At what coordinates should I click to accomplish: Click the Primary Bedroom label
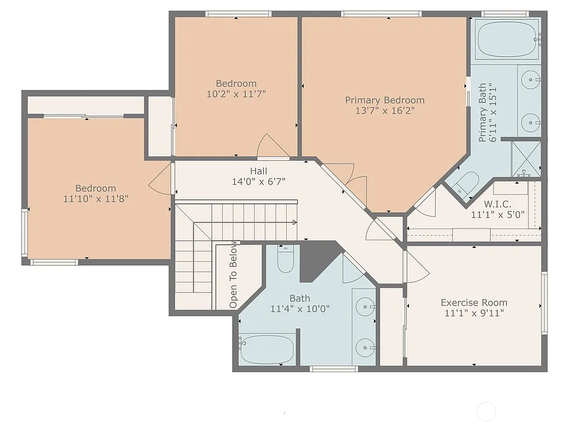coord(385,100)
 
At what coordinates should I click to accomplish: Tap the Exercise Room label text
coord(473,302)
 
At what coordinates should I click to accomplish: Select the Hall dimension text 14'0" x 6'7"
coord(258,181)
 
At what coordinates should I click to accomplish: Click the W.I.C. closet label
coord(497,204)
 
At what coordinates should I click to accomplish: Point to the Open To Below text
coord(233,275)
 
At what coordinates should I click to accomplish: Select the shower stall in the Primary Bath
coord(525,158)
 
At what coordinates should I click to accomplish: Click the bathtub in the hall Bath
coord(267,349)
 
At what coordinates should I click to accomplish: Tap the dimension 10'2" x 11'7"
coord(236,94)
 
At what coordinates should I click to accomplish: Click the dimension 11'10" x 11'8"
coord(96,198)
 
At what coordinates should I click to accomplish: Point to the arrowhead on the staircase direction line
coord(294,222)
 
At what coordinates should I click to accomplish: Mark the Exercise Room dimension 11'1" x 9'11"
coord(474,313)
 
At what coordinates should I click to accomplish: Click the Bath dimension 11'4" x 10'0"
coord(300,308)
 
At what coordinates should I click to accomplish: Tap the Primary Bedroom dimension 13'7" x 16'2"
coord(385,110)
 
